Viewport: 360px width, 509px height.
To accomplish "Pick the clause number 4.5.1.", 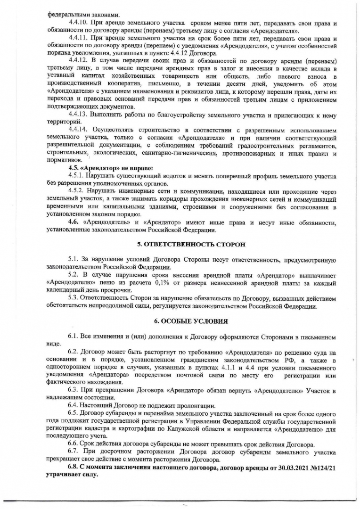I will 76,175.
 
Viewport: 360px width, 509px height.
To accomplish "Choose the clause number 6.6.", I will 73,443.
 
